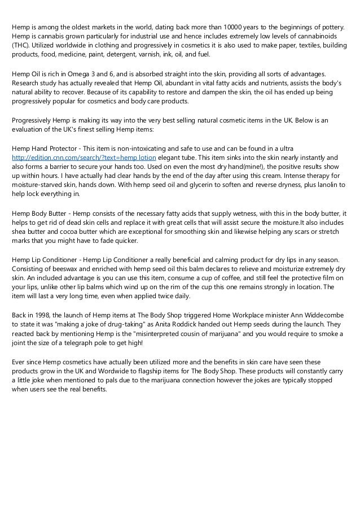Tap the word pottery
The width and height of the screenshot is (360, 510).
coord(333,27)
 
